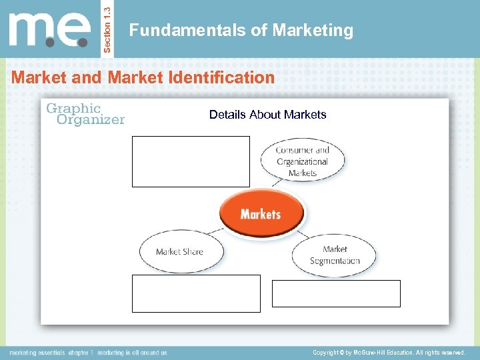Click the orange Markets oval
[x=261, y=214]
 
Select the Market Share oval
[x=179, y=251]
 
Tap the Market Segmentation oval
[x=334, y=255]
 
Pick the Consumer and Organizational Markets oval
[x=303, y=161]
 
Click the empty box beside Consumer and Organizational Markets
[x=191, y=161]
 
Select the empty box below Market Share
[x=196, y=293]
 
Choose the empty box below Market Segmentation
[x=336, y=293]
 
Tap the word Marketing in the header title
[x=313, y=30]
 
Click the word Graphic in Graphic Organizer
[x=73, y=108]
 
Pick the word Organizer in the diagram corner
[x=91, y=120]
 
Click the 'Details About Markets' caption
[x=267, y=115]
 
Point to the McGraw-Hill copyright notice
[x=388, y=352]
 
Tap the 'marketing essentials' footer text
[x=37, y=352]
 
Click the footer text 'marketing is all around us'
[x=133, y=352]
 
